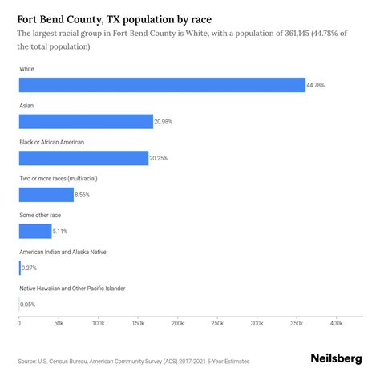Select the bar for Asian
coord(86,122)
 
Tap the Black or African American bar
coord(83,158)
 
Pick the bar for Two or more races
coord(46,195)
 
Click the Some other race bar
coord(35,232)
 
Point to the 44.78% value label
coord(317,86)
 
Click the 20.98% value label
coord(164,122)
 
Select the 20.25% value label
coord(160,159)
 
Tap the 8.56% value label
coord(85,195)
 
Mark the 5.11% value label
coord(63,232)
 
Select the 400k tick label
coord(335,323)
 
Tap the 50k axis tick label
coord(59,323)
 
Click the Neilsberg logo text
coord(336,360)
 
